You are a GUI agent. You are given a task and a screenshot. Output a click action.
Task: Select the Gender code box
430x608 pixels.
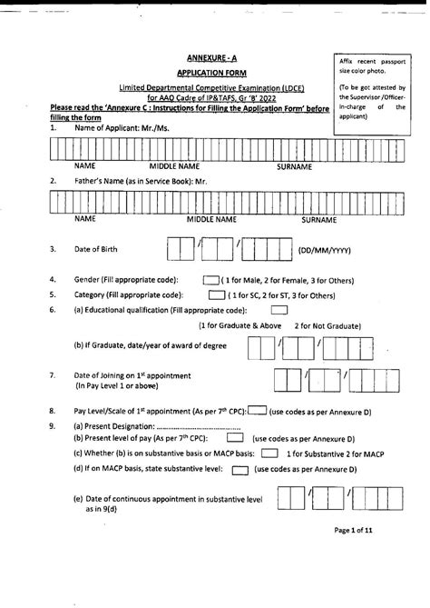(x=210, y=280)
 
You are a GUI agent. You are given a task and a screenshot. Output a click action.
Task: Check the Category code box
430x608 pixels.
(x=216, y=295)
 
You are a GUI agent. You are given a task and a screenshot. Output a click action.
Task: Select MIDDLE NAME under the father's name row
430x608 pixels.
(x=211, y=220)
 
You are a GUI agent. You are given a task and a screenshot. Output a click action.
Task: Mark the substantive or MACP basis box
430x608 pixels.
(x=269, y=453)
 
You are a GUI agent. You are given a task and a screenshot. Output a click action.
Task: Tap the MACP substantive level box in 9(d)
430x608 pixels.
(x=239, y=469)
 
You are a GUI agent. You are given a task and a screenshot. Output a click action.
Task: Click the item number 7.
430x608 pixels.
(x=54, y=375)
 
